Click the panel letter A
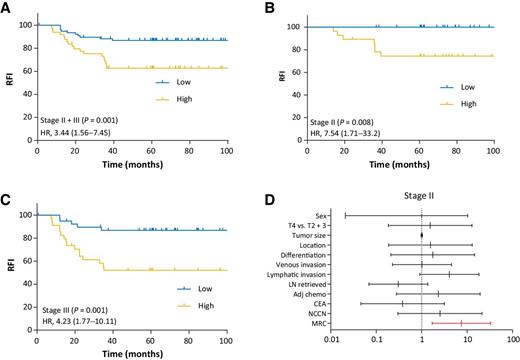coord(8,8)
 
